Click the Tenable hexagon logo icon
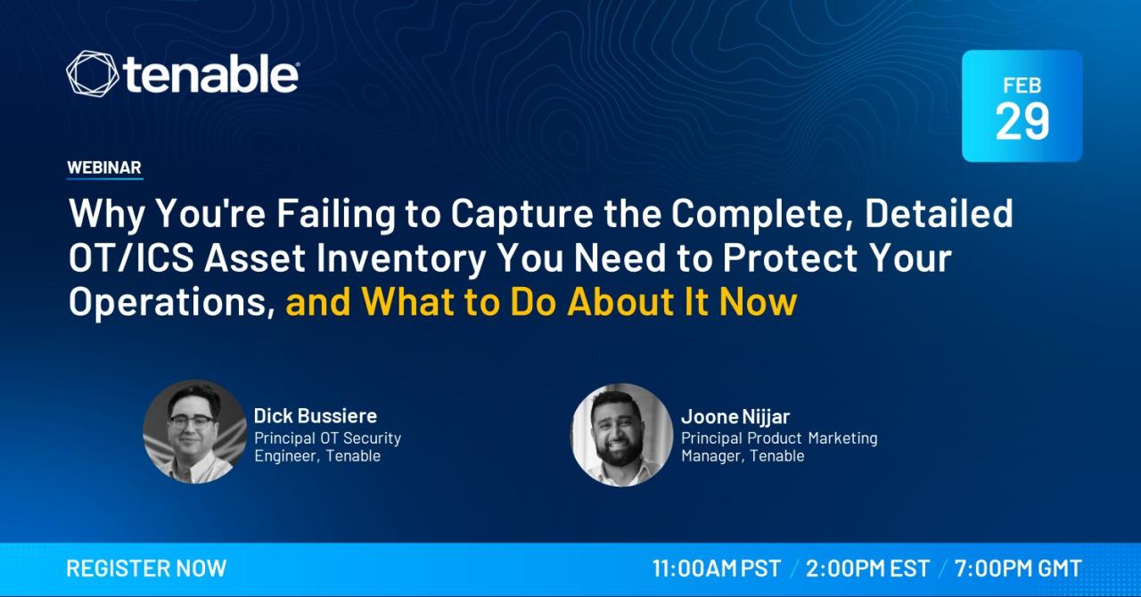click(92, 74)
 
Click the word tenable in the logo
click(209, 74)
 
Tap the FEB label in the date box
click(1022, 86)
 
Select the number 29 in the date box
click(1022, 121)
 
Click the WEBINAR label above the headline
click(104, 168)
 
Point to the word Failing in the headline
click(336, 215)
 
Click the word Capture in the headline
click(521, 215)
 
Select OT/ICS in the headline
click(131, 258)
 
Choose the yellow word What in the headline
click(408, 301)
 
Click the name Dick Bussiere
click(316, 415)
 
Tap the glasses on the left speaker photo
click(191, 421)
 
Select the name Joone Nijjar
click(735, 417)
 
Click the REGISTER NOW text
click(146, 568)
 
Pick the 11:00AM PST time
click(717, 568)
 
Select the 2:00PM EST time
click(867, 568)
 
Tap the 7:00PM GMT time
click(1018, 568)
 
